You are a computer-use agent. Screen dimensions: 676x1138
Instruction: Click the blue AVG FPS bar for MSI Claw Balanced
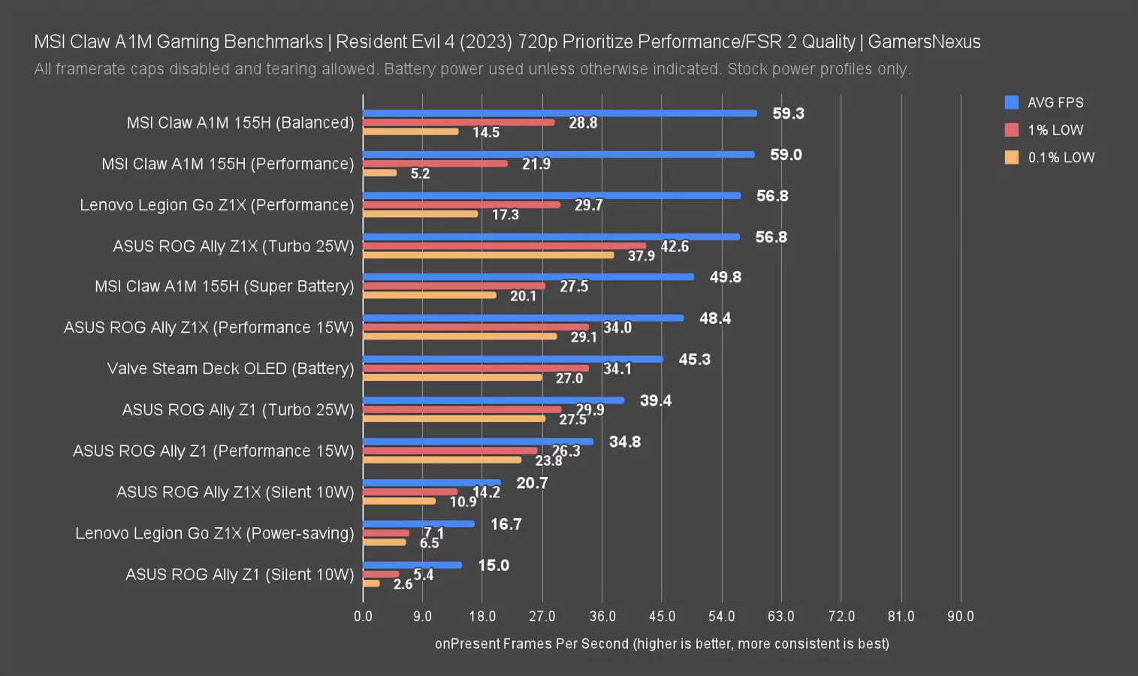(x=560, y=113)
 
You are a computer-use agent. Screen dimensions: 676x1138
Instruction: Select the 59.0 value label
(x=786, y=155)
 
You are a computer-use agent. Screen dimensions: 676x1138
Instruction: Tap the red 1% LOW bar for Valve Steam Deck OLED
(x=475, y=368)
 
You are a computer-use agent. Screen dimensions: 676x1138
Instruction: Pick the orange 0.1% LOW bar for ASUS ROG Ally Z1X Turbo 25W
(x=488, y=255)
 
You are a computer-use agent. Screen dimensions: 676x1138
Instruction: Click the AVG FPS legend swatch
(x=1012, y=103)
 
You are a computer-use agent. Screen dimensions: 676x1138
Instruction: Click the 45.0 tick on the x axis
(x=662, y=617)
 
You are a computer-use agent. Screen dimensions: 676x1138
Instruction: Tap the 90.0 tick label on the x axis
(x=960, y=617)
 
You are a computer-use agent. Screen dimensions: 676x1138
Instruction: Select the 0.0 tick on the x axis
(x=363, y=617)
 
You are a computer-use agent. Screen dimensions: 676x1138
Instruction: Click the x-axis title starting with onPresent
(x=662, y=644)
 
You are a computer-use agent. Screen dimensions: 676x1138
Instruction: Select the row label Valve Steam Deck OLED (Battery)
(x=230, y=369)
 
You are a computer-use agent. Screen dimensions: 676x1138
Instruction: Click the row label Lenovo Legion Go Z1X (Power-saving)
(x=214, y=533)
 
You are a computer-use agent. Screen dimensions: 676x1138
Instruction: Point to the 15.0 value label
(x=494, y=566)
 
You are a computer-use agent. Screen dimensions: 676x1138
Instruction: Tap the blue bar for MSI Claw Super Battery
(x=528, y=277)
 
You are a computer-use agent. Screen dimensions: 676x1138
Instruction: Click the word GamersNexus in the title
(x=924, y=42)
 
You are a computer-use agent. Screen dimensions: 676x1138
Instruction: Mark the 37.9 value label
(x=641, y=256)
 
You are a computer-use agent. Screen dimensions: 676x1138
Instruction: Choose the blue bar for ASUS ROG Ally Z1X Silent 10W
(x=431, y=483)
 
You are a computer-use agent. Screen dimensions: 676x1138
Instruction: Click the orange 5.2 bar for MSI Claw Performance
(x=379, y=173)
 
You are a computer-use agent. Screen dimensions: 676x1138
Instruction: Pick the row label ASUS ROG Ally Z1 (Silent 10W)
(x=240, y=575)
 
